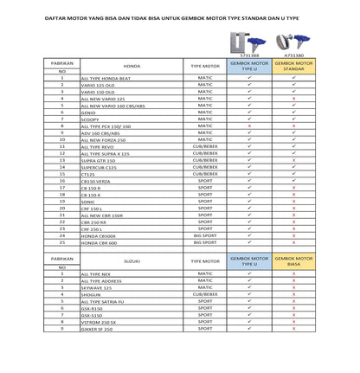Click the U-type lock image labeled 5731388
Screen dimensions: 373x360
249,41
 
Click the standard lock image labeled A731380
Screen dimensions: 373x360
292,41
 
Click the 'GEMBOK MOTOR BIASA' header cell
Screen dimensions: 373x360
293,260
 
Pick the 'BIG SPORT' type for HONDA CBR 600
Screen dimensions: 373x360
205,242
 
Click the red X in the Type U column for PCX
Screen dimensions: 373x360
249,126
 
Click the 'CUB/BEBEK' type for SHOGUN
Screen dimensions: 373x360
205,294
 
